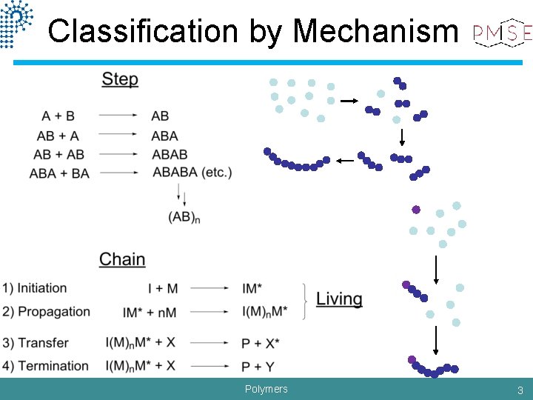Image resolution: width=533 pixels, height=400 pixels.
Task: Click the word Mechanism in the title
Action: click(x=375, y=31)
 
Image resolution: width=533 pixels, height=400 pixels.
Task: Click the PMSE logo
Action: click(x=503, y=32)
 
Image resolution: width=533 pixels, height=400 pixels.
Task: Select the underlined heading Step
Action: click(x=120, y=79)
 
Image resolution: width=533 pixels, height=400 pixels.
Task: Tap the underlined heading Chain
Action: click(x=122, y=259)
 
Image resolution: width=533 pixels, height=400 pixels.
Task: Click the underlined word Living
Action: click(x=339, y=299)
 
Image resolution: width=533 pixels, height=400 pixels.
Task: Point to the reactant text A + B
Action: click(x=58, y=116)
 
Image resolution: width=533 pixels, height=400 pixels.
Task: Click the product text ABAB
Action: click(x=169, y=154)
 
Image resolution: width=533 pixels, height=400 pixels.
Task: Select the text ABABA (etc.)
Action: click(x=192, y=173)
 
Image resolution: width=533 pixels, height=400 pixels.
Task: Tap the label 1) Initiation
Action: click(x=35, y=288)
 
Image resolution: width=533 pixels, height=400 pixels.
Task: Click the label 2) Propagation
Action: click(x=46, y=312)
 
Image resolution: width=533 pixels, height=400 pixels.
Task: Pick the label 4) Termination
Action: click(x=45, y=366)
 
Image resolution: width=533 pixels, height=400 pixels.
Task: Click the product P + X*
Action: click(x=263, y=343)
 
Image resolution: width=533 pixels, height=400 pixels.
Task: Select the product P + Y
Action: click(x=259, y=366)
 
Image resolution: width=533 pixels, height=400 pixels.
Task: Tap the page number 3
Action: click(x=520, y=390)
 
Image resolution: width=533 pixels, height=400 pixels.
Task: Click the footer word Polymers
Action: click(x=266, y=389)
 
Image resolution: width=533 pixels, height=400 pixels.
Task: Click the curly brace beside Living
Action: click(x=306, y=300)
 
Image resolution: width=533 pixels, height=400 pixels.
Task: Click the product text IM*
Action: click(x=254, y=288)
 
